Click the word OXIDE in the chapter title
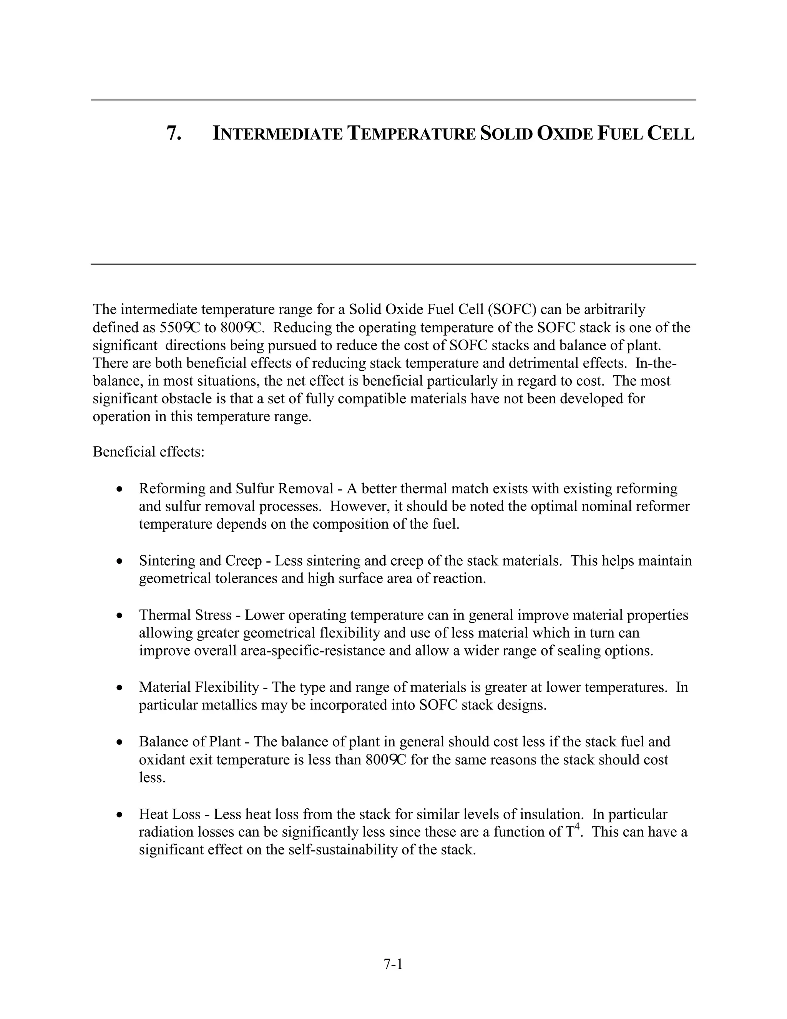coord(565,133)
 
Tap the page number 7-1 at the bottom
coord(393,964)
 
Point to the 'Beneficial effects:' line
coord(148,452)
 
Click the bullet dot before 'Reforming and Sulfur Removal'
coord(120,489)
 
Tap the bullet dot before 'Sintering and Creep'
coord(120,561)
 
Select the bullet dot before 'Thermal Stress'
coord(120,615)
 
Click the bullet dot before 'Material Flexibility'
coord(120,688)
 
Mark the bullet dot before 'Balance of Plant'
coord(120,742)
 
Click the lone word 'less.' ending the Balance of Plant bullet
coord(152,778)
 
